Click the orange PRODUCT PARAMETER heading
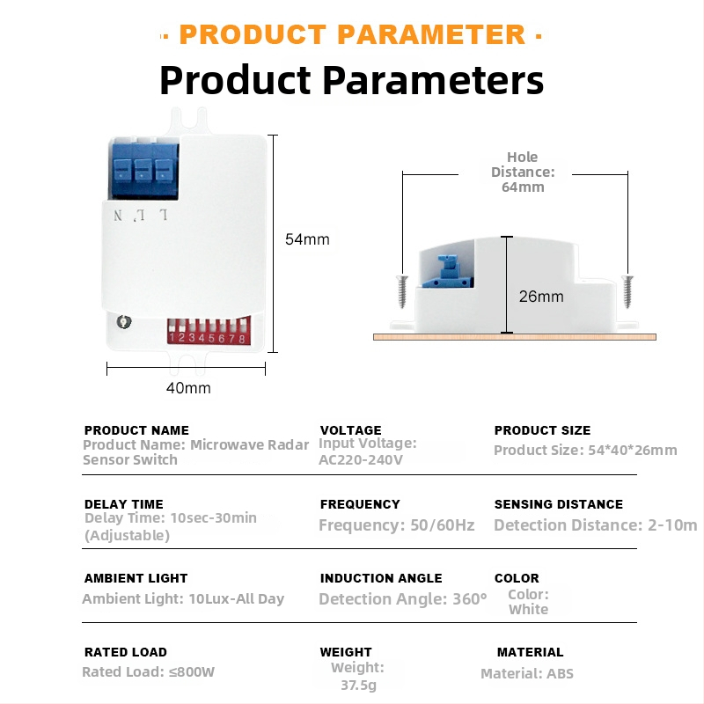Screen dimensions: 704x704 (352, 34)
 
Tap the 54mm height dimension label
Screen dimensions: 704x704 (307, 239)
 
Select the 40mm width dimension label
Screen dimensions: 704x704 (188, 388)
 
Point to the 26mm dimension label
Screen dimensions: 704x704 (541, 297)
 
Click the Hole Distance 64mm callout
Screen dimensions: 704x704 (523, 172)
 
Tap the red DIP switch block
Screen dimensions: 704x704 (209, 331)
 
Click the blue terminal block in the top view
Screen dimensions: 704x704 (143, 169)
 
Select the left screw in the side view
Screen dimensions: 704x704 (402, 291)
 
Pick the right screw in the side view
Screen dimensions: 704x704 (627, 291)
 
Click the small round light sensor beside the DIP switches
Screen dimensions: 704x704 (123, 321)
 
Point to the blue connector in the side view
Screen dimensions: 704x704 (447, 272)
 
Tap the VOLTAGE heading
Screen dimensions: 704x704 (350, 430)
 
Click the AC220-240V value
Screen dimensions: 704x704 (361, 459)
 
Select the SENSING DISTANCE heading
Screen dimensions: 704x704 (559, 504)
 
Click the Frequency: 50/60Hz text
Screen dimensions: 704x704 (397, 524)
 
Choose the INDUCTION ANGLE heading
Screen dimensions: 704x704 (381, 578)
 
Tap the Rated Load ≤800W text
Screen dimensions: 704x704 (148, 671)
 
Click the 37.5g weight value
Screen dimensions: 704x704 (358, 686)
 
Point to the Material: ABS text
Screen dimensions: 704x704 (527, 673)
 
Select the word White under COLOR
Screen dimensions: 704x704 (529, 609)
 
